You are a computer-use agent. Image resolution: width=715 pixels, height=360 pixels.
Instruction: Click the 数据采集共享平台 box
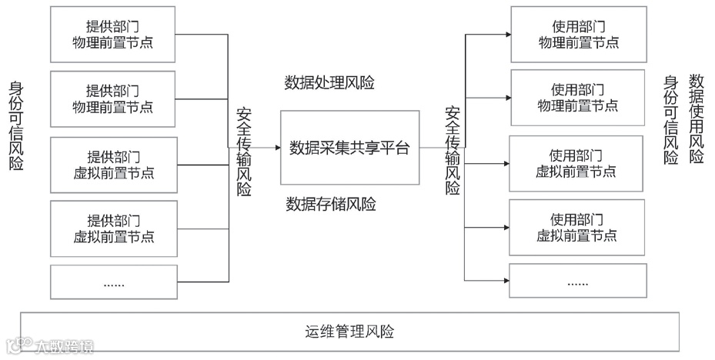(349, 148)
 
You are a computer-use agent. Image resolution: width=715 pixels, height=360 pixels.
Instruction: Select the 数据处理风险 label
(329, 82)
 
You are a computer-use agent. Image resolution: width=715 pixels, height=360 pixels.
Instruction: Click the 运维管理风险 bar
(349, 332)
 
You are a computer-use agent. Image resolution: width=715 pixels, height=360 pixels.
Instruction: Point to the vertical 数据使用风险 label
(697, 118)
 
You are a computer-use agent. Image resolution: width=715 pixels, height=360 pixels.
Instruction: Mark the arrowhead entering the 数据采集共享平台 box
(276, 147)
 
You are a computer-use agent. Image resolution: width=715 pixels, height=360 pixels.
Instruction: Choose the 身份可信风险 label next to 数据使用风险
(671, 120)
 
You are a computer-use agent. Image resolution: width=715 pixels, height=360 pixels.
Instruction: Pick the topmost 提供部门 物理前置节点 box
(112, 35)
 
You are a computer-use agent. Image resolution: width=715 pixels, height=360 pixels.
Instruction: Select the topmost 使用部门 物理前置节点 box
(576, 35)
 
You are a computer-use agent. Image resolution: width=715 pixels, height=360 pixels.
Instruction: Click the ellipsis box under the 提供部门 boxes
(112, 282)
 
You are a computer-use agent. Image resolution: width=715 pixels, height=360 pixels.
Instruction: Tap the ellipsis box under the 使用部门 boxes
(576, 281)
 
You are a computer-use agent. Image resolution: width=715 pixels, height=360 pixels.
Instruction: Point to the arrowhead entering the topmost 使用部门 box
(506, 35)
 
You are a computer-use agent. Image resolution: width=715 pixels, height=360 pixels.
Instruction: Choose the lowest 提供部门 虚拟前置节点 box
(112, 228)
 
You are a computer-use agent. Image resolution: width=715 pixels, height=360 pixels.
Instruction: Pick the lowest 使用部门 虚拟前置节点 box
(576, 228)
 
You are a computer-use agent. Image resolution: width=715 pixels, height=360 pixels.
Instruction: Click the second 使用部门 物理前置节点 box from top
(576, 97)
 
